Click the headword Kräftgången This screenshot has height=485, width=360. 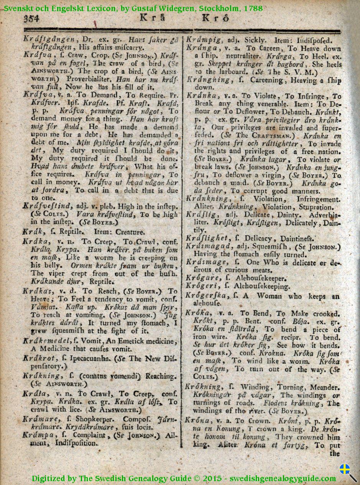(49, 39)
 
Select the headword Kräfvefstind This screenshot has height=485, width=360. (48, 206)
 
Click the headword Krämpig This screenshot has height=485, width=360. (204, 39)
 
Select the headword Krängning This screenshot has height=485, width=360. (209, 80)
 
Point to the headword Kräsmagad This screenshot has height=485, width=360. (209, 246)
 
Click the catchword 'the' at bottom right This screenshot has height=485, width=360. (334, 454)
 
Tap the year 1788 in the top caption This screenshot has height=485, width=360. (252, 8)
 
